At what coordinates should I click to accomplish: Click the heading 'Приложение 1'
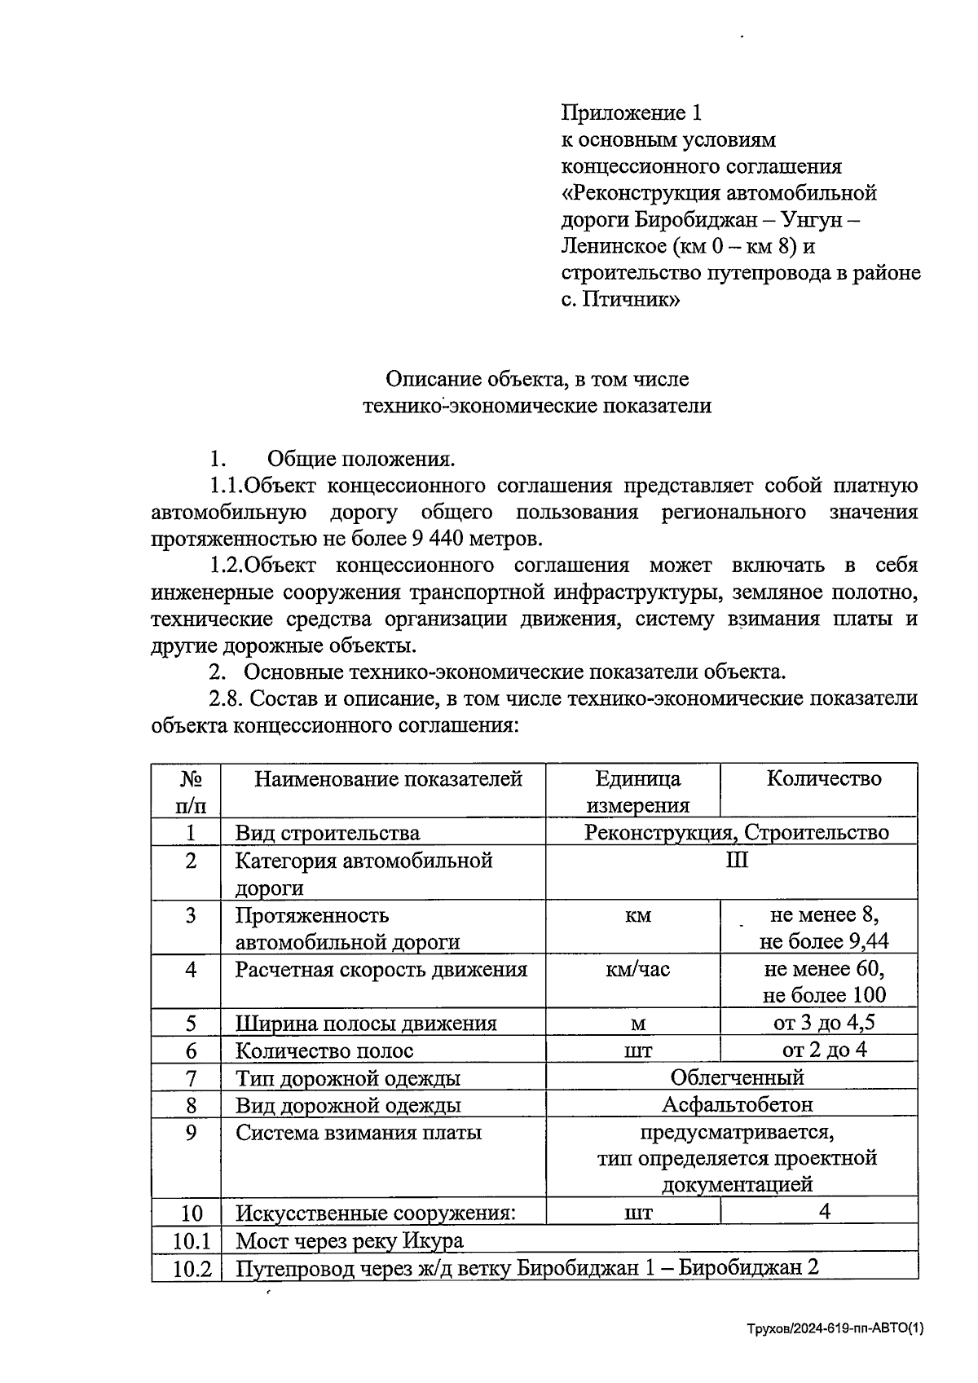click(631, 112)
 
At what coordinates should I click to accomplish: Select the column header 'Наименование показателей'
click(388, 779)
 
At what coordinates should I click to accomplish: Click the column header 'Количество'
click(824, 778)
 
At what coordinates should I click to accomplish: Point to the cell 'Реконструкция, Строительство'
click(736, 832)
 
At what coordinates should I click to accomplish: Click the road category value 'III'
click(737, 861)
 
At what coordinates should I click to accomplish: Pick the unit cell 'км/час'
click(638, 970)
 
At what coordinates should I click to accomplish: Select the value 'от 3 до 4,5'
click(824, 1023)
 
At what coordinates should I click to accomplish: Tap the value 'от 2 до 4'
click(824, 1050)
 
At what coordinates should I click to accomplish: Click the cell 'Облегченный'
click(737, 1077)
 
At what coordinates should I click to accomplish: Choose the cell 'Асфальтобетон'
click(737, 1105)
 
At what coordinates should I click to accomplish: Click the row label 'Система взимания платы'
click(359, 1133)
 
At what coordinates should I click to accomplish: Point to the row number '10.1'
click(192, 1241)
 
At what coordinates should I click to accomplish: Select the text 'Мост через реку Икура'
click(350, 1241)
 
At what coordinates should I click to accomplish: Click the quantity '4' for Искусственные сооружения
click(824, 1213)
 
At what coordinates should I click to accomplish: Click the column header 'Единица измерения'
click(638, 791)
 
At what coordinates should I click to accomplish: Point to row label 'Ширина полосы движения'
click(366, 1024)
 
